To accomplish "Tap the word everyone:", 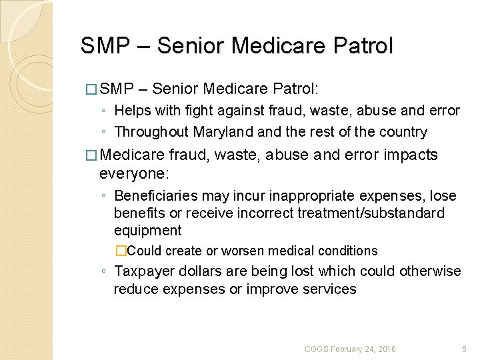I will click(134, 172).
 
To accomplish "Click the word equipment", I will click(147, 231).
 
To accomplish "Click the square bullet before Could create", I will click(121, 251).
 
